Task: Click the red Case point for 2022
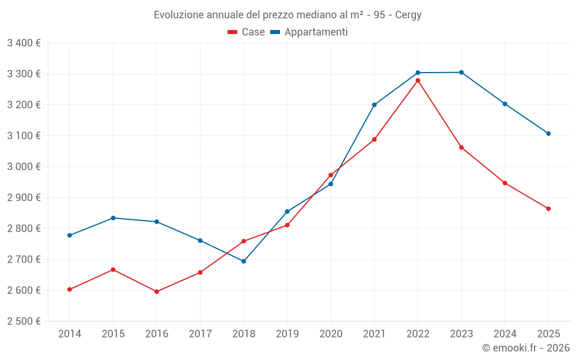click(418, 81)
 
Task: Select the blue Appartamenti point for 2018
click(244, 262)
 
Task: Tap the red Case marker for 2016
click(157, 291)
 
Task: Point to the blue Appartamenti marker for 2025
click(548, 134)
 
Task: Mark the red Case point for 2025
click(548, 209)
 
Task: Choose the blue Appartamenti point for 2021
click(374, 105)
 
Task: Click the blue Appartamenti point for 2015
click(113, 218)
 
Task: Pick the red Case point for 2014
click(70, 290)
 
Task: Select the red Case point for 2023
click(461, 147)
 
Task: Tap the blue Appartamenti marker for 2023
click(461, 73)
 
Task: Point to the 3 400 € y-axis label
click(24, 43)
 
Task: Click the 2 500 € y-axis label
click(24, 321)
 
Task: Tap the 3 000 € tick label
click(24, 167)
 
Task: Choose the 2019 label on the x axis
click(287, 334)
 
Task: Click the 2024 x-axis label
click(505, 334)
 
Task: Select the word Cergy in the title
click(408, 15)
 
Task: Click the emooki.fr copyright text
click(525, 348)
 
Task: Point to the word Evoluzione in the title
click(177, 15)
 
